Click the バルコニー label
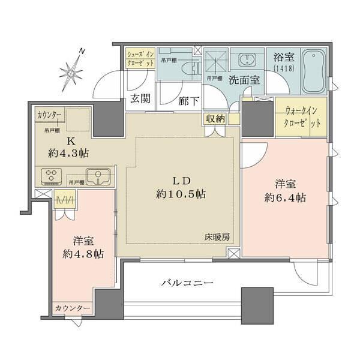tap(187, 283)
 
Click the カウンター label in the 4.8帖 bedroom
tap(73, 308)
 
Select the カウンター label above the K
tap(50, 114)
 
